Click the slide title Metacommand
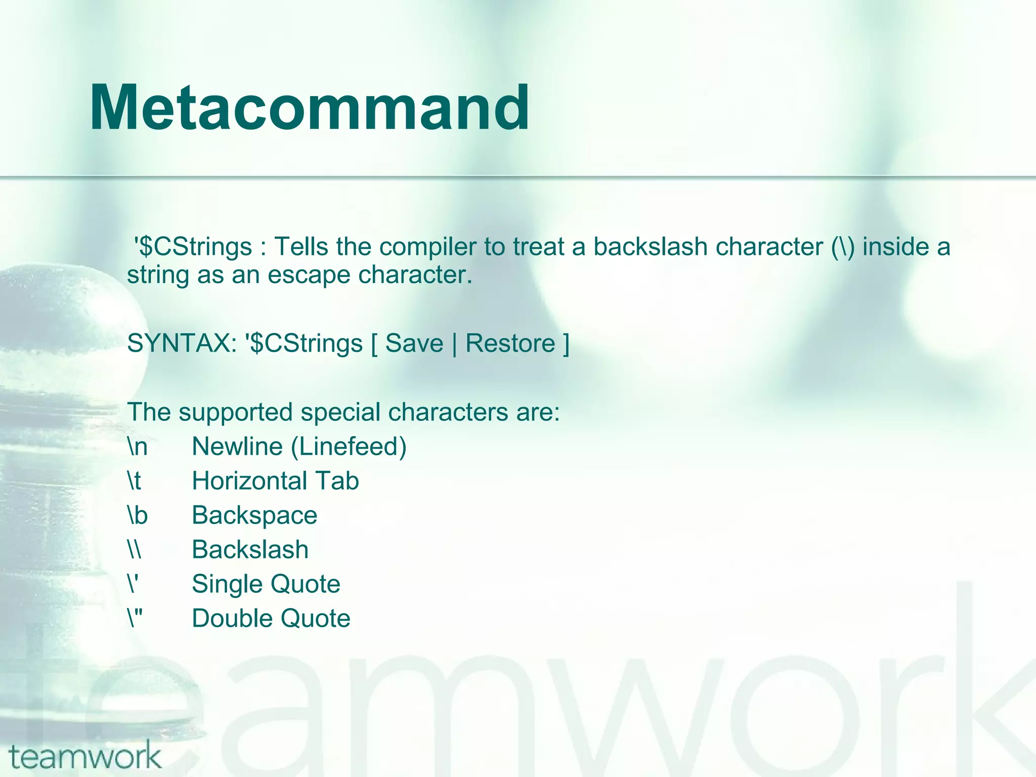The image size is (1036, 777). point(310,108)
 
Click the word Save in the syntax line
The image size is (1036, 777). point(414,343)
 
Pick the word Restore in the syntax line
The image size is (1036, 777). point(510,343)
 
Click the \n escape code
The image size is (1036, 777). point(137,447)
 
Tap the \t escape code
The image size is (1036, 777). point(134,481)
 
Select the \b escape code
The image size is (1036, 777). point(137,515)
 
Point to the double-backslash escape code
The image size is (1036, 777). point(134,550)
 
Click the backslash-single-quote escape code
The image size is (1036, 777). point(133,584)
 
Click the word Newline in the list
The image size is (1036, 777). point(237,447)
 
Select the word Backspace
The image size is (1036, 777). point(254,515)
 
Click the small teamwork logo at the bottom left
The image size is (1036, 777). point(85,757)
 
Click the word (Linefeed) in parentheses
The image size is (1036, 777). point(349,447)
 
